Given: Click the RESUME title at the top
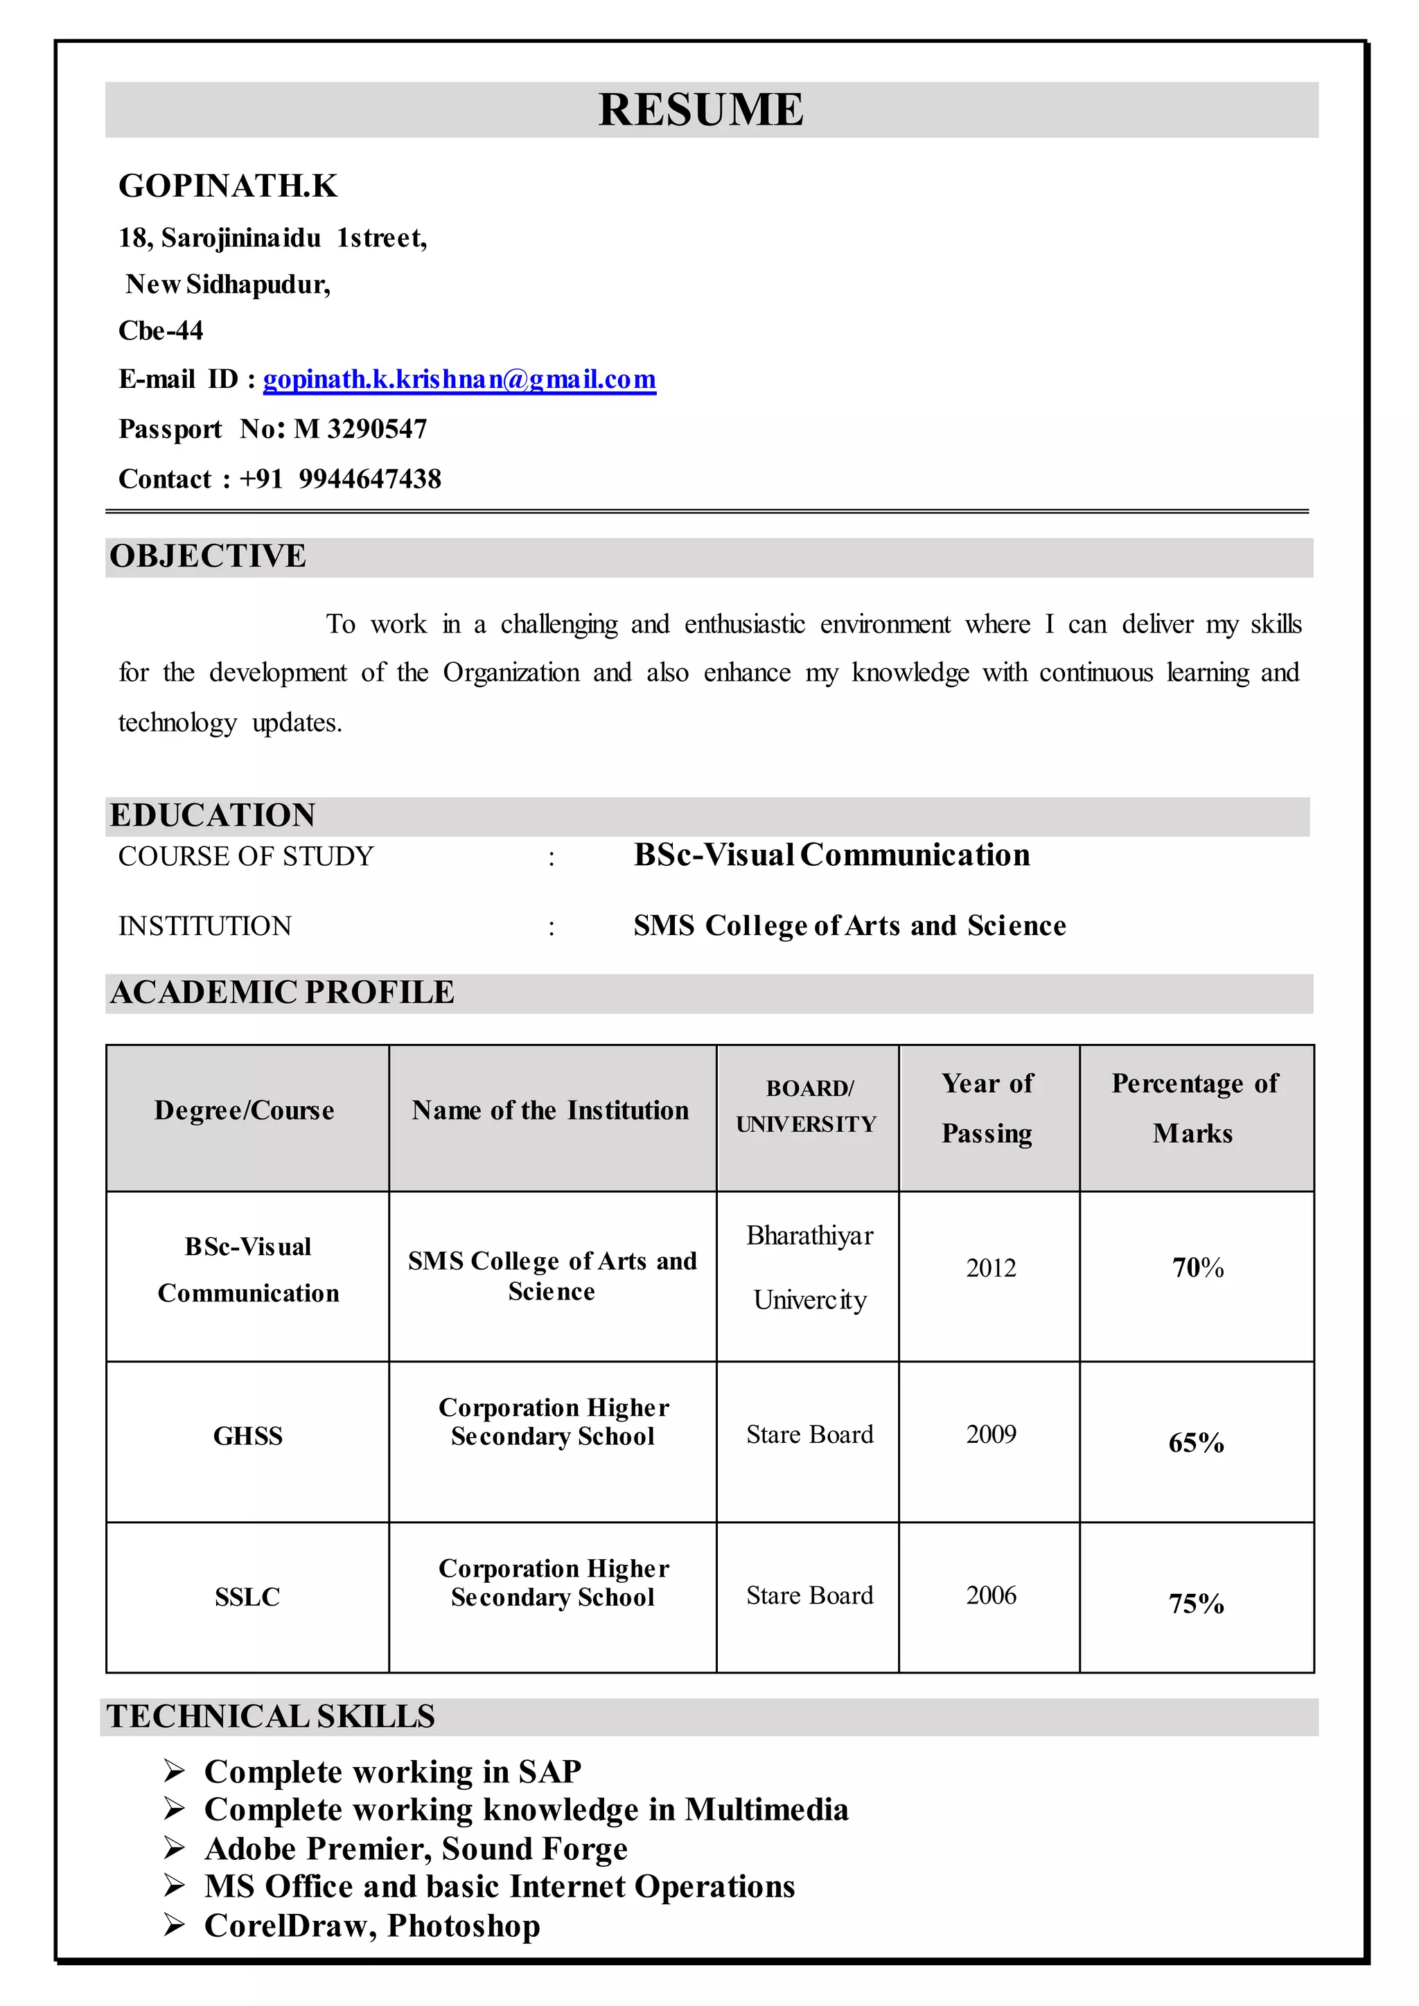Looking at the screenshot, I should pos(700,110).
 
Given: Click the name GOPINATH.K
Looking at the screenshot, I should pos(228,186).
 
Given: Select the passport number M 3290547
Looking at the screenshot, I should pos(360,429).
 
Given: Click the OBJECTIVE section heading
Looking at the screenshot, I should pos(208,556).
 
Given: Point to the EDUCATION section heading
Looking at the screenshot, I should pos(212,815).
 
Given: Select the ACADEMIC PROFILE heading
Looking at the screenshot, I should pos(282,993).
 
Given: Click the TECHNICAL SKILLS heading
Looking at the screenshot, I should pos(271,1717).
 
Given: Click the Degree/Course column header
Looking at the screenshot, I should pos(245,1110).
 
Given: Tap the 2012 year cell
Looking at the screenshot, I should pos(991,1268).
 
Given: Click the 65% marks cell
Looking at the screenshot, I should pos(1196,1442).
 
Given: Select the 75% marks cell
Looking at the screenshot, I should pos(1196,1604).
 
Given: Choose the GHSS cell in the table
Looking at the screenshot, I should pos(248,1437).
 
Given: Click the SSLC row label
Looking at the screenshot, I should pos(248,1597).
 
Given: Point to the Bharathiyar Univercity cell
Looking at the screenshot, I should pos(809,1268).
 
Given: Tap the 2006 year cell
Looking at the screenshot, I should pos(991,1595).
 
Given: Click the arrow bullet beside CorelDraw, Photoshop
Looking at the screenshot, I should pos(174,1925).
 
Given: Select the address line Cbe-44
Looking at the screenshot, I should pos(161,331).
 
